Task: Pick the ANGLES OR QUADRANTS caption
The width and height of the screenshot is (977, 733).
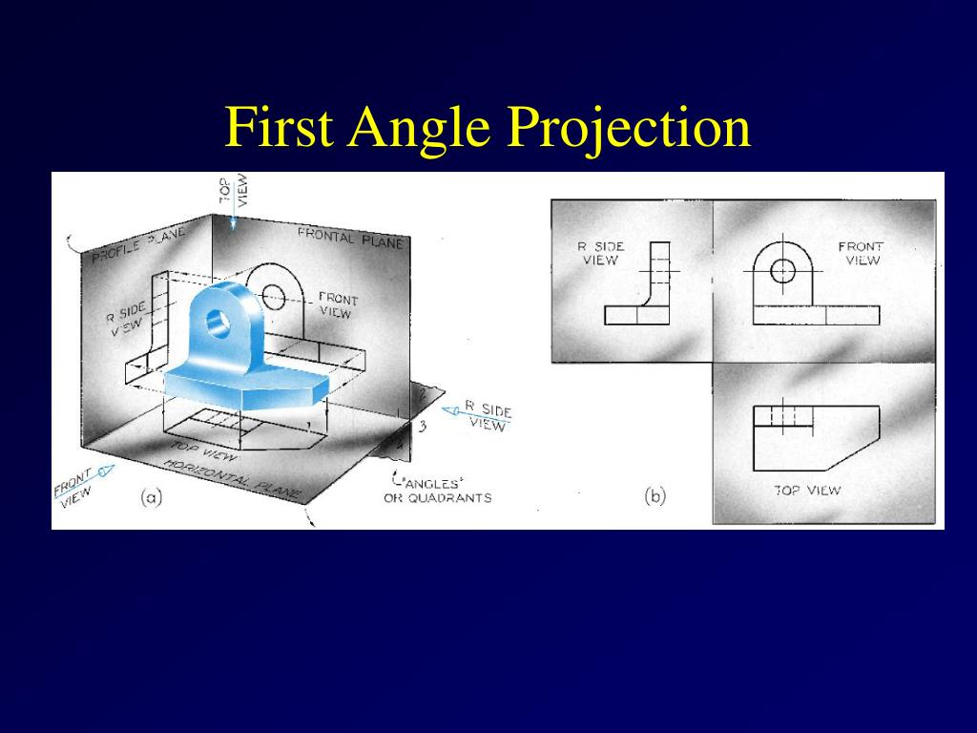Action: [x=437, y=491]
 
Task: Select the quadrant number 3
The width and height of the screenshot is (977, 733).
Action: [x=421, y=425]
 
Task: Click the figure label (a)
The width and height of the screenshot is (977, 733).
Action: [x=151, y=496]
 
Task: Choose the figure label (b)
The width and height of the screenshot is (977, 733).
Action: [x=655, y=495]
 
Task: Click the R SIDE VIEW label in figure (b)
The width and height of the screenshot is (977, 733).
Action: [x=600, y=253]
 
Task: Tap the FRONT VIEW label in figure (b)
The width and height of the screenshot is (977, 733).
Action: [x=862, y=253]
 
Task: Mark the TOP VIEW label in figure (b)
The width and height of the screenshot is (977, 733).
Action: [x=807, y=490]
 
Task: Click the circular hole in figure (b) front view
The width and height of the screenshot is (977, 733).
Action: [x=782, y=270]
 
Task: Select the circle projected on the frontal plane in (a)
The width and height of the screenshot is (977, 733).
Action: [x=274, y=296]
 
